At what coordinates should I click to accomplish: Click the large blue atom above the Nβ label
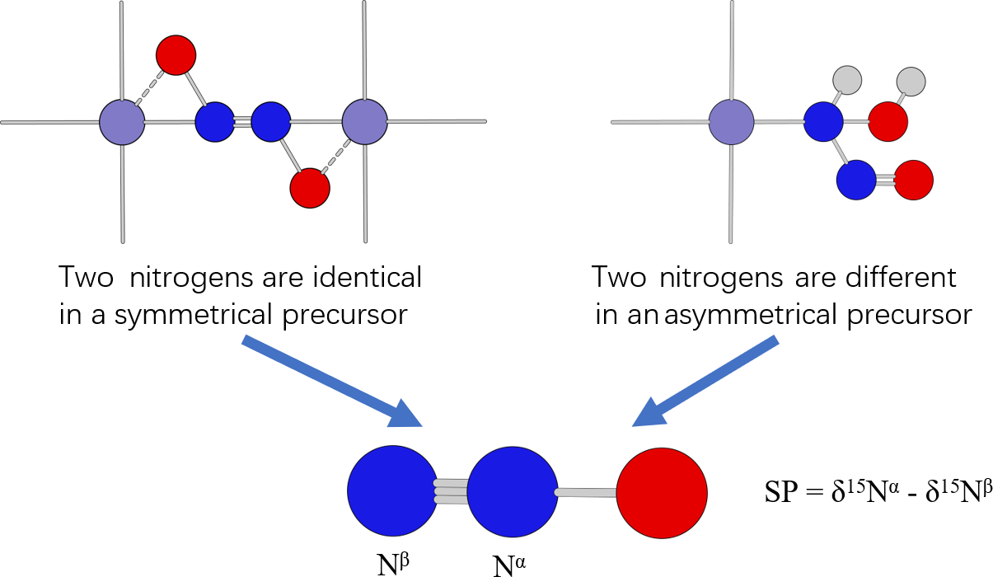pyautogui.click(x=392, y=490)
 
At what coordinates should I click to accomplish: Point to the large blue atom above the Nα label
pyautogui.click(x=513, y=491)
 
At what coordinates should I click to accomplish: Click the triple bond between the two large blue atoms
pyautogui.click(x=452, y=490)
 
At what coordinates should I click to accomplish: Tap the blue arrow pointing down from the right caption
pyautogui.click(x=705, y=383)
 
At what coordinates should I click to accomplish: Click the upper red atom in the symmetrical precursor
pyautogui.click(x=176, y=55)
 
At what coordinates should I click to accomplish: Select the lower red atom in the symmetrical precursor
pyautogui.click(x=310, y=188)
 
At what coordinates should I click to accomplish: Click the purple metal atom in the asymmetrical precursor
pyautogui.click(x=731, y=122)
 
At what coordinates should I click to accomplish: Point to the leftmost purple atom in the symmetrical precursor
pyautogui.click(x=122, y=122)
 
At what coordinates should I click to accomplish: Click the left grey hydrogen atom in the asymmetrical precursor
pyautogui.click(x=847, y=80)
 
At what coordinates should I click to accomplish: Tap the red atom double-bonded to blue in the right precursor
pyautogui.click(x=913, y=180)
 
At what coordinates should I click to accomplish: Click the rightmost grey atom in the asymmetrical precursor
pyautogui.click(x=911, y=81)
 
